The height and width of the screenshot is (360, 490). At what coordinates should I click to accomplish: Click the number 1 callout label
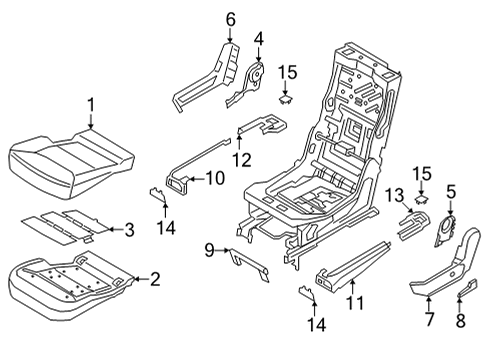[x=91, y=103]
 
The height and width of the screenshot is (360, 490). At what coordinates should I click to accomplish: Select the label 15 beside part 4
[x=287, y=71]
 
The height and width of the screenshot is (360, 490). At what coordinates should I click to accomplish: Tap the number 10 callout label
[x=216, y=178]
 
